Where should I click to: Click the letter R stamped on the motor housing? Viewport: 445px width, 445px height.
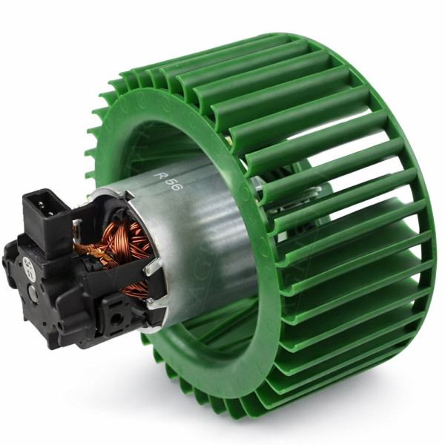point(159,176)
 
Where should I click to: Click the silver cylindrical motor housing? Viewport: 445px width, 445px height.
point(193,237)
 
